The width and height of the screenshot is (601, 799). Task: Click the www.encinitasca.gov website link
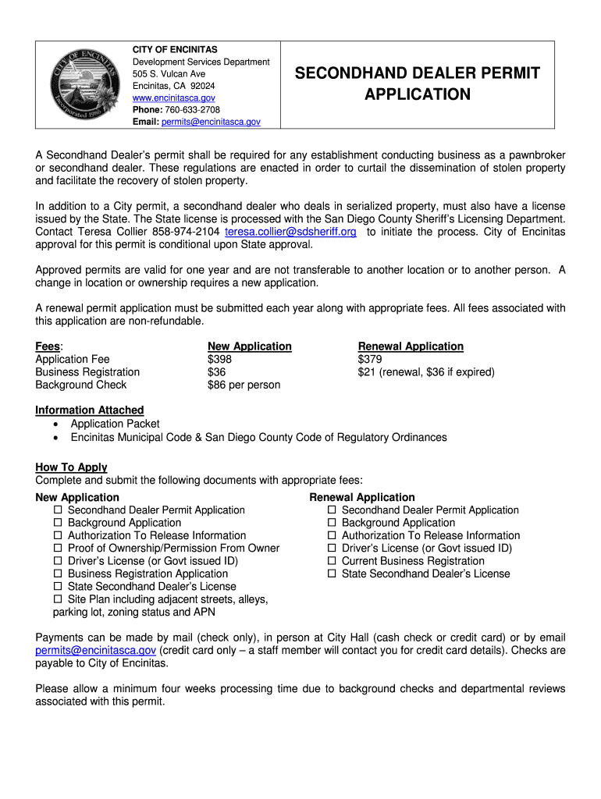173,98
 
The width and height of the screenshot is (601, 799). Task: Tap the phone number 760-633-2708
187,110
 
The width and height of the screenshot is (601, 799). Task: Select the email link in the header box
211,123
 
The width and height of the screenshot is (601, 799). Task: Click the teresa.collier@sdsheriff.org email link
290,232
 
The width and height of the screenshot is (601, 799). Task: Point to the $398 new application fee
219,359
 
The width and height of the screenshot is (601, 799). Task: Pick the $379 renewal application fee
370,359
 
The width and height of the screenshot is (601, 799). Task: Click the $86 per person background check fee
244,385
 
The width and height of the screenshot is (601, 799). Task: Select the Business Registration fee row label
87,372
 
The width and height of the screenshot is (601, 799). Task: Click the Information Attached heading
90,410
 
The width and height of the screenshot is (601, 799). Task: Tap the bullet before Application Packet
56,424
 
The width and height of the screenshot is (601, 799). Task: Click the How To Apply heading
71,467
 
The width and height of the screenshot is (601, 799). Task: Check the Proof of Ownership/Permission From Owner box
58,549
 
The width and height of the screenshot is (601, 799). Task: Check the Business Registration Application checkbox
58,574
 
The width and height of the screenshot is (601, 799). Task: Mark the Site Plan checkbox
58,599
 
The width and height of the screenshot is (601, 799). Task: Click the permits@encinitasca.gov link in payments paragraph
96,650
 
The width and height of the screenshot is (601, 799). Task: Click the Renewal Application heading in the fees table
411,346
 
